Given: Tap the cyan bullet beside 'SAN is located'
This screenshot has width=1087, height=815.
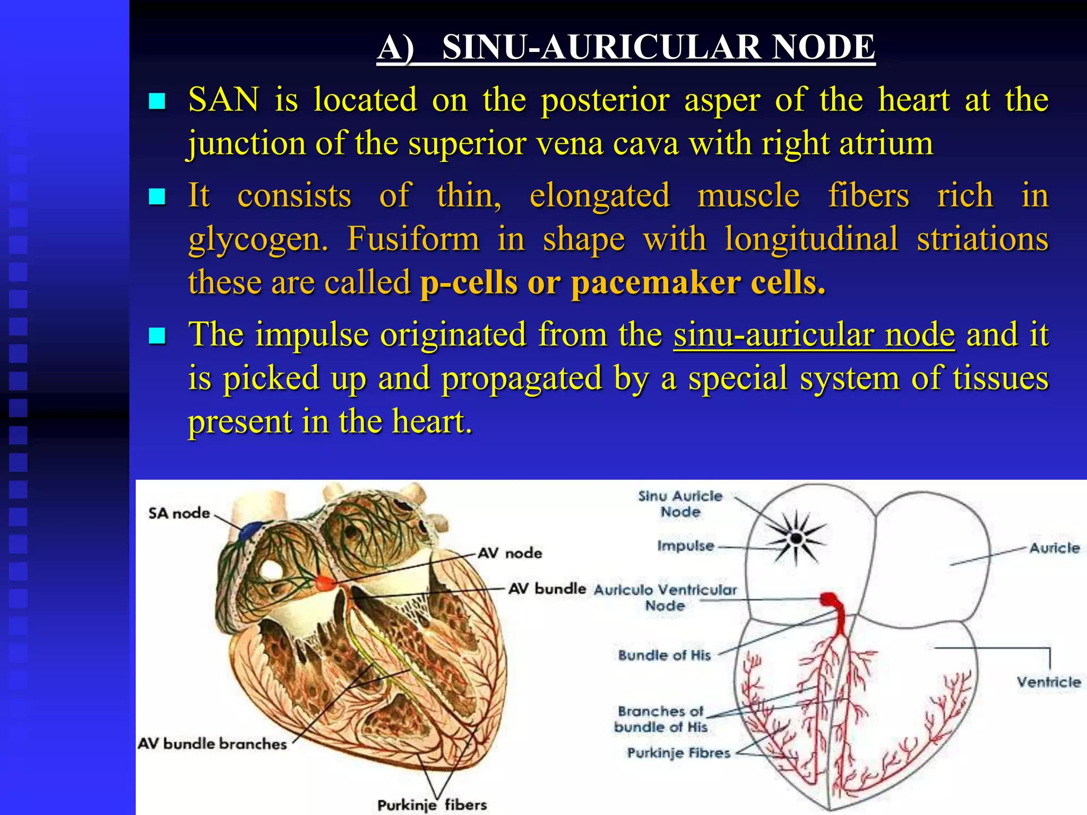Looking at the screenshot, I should click(x=157, y=101).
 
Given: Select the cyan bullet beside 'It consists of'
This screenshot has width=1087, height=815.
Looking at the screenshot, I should click(x=157, y=197).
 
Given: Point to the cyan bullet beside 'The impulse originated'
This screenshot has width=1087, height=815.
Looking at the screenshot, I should click(x=157, y=335).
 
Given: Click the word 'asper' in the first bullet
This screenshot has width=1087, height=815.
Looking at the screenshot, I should click(x=722, y=101).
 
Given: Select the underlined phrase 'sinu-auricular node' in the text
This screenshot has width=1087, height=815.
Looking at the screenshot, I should click(x=814, y=335).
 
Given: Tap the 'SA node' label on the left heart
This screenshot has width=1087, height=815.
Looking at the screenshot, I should click(x=179, y=513).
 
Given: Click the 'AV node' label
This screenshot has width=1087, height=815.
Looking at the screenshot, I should click(x=510, y=553).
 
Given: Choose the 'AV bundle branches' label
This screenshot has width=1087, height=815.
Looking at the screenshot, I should click(x=212, y=744).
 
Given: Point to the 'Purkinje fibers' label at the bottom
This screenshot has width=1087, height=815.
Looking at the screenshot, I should click(x=432, y=805).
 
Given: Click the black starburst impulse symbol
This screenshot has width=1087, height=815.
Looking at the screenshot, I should click(x=796, y=538).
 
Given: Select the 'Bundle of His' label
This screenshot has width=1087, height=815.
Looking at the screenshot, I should click(x=664, y=655).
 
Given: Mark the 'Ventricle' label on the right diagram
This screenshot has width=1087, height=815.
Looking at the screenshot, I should click(x=1048, y=682).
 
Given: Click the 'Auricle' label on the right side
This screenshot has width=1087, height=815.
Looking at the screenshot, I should click(x=1054, y=548).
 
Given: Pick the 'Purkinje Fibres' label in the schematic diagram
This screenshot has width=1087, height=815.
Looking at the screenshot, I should click(x=678, y=753).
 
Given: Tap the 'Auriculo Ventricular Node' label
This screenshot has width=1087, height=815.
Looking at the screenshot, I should click(x=665, y=597).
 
